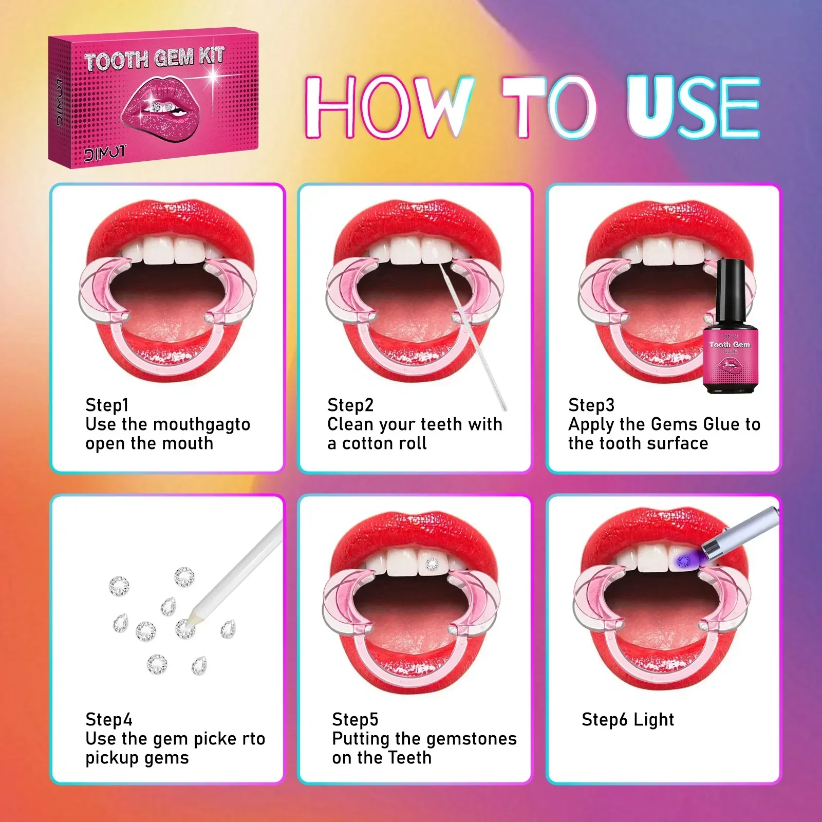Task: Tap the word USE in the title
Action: [693, 106]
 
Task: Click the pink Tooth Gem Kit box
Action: [153, 98]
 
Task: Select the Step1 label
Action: [107, 405]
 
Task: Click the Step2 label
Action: [350, 405]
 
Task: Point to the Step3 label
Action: [591, 405]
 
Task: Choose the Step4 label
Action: [109, 719]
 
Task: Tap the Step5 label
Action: [355, 719]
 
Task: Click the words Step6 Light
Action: [628, 719]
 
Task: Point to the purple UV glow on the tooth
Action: [684, 561]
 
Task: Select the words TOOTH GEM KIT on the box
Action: [154, 58]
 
